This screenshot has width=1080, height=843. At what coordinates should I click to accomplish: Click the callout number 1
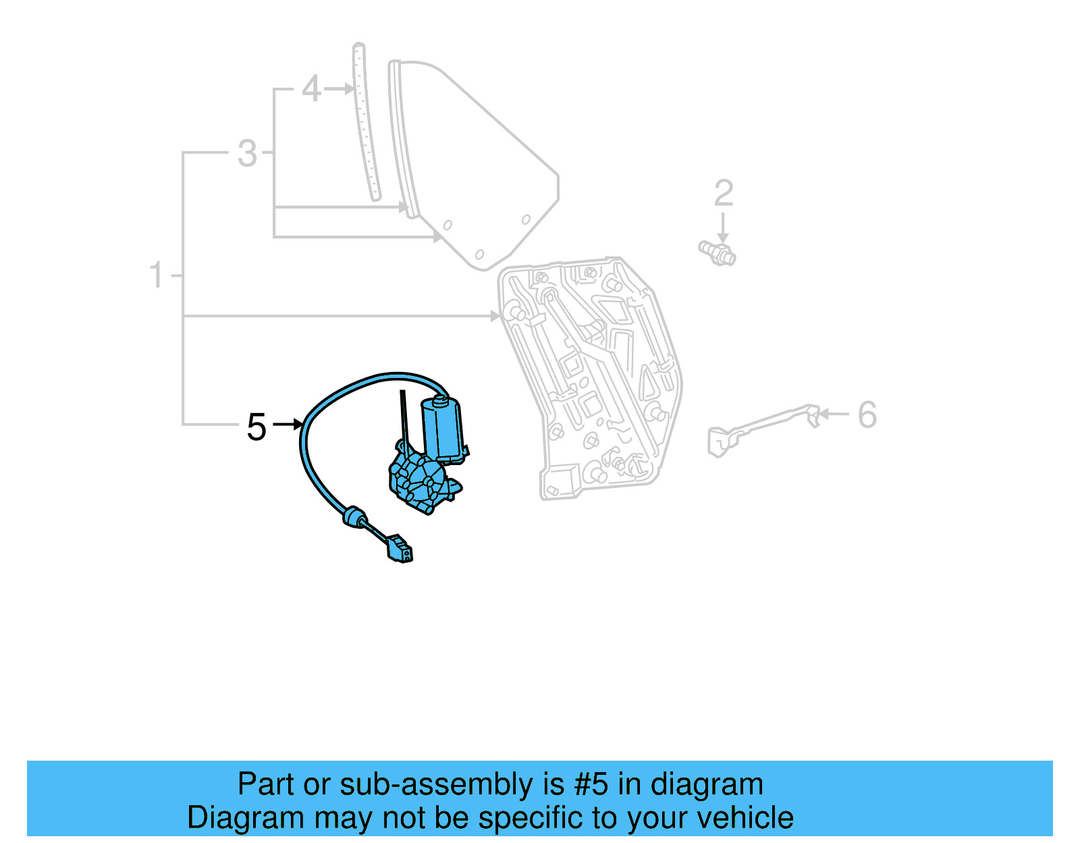157,275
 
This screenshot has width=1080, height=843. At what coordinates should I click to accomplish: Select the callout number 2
724,194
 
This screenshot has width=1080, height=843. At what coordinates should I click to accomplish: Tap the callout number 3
248,153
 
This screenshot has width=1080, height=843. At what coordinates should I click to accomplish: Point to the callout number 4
310,89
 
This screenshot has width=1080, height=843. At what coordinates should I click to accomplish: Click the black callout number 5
256,427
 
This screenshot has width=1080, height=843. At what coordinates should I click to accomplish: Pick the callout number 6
867,414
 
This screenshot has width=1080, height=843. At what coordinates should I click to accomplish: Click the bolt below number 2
718,252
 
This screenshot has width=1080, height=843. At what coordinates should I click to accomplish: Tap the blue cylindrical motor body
442,427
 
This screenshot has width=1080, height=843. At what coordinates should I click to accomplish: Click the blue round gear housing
420,481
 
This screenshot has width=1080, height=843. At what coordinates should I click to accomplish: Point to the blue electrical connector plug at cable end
400,549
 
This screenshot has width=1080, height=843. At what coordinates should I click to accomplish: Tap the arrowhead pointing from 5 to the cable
298,425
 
